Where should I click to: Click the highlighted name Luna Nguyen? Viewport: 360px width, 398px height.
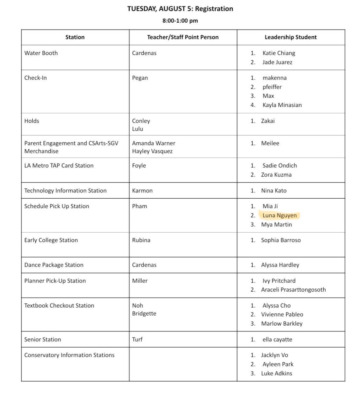pyautogui.click(x=279, y=215)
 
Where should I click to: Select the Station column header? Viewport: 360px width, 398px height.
pyautogui.click(x=75, y=37)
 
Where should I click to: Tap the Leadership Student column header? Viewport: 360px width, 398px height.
pyautogui.click(x=290, y=37)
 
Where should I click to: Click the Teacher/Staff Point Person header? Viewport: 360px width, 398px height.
pyautogui.click(x=183, y=37)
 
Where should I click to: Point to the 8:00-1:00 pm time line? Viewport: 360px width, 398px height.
pyautogui.click(x=180, y=21)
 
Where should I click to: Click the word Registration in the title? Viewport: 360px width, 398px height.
pyautogui.click(x=214, y=9)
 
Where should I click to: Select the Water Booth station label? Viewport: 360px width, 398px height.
pyautogui.click(x=41, y=53)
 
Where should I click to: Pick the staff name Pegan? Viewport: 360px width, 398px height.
pyautogui.click(x=140, y=78)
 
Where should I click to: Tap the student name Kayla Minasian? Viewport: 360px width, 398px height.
pyautogui.click(x=282, y=105)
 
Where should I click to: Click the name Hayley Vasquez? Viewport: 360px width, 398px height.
pyautogui.click(x=152, y=151)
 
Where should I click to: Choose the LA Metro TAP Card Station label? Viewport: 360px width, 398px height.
pyautogui.click(x=59, y=165)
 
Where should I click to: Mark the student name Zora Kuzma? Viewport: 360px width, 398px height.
pyautogui.click(x=276, y=174)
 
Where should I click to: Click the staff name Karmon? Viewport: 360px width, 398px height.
pyautogui.click(x=142, y=191)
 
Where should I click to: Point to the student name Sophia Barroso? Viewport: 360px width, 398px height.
pyautogui.click(x=281, y=240)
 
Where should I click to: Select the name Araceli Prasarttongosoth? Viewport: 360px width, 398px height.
pyautogui.click(x=293, y=289)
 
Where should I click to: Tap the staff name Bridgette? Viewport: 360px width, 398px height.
pyautogui.click(x=144, y=313)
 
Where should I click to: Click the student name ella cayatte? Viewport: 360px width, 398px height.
pyautogui.click(x=277, y=339)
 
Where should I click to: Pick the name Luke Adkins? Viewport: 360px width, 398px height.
pyautogui.click(x=276, y=373)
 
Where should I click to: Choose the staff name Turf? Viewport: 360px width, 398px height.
pyautogui.click(x=137, y=339)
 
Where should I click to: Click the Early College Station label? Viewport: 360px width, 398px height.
pyautogui.click(x=51, y=240)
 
